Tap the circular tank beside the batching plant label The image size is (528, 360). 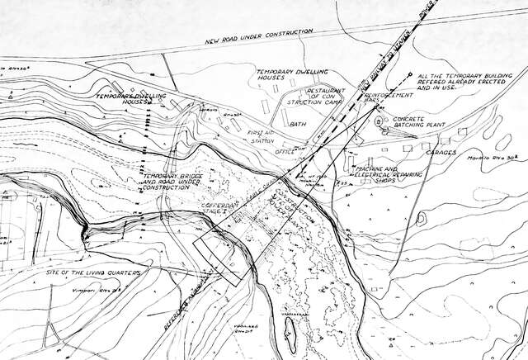click(x=379, y=123)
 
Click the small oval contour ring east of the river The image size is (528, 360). click(x=422, y=219)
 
